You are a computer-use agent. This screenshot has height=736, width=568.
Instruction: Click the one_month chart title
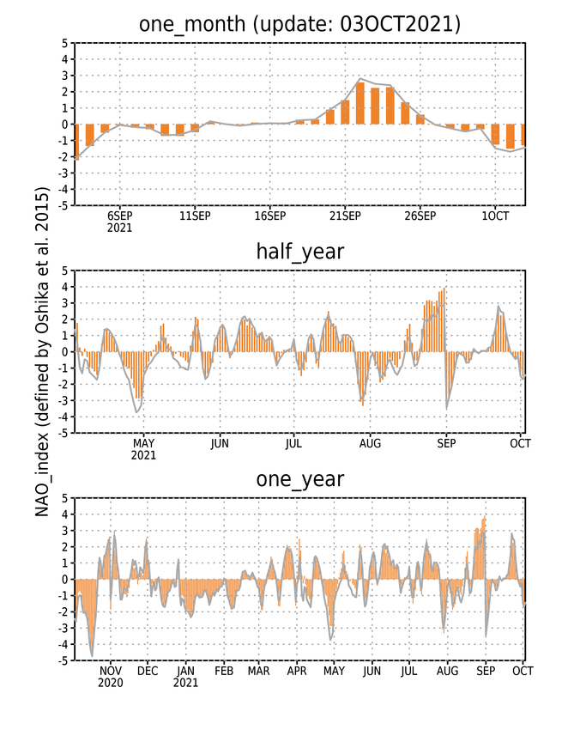[x=300, y=24]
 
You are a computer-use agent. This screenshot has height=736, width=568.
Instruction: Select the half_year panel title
[x=300, y=252]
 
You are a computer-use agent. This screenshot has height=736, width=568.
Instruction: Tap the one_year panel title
[x=300, y=479]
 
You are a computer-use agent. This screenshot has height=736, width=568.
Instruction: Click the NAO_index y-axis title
[x=42, y=352]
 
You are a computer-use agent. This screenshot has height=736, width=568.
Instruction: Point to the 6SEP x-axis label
[x=120, y=216]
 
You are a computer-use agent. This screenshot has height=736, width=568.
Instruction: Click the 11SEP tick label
[x=195, y=216]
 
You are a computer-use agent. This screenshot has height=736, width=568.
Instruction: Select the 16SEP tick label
[x=270, y=216]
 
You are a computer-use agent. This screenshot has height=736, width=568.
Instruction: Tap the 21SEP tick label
[x=345, y=216]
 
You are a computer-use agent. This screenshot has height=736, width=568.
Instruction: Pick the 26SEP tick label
[x=420, y=216]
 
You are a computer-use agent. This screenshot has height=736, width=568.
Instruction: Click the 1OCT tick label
[x=495, y=216]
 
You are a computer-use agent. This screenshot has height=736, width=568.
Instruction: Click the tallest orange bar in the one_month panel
[x=360, y=103]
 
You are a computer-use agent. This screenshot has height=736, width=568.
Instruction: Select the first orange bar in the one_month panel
[x=76, y=143]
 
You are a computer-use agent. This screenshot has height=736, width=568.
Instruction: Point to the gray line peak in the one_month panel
[x=360, y=79]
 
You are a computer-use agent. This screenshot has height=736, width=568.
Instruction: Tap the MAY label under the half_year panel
[x=143, y=443]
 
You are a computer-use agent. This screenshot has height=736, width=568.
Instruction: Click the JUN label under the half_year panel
[x=220, y=443]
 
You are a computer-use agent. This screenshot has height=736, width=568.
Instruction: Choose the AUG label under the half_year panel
[x=370, y=443]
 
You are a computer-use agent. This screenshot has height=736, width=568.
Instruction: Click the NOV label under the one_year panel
[x=111, y=672]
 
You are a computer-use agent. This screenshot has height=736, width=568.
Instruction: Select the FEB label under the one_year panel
[x=224, y=672]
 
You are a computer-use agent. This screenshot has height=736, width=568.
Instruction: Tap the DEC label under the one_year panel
[x=148, y=672]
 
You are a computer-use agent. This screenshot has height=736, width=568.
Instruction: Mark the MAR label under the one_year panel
[x=259, y=672]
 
